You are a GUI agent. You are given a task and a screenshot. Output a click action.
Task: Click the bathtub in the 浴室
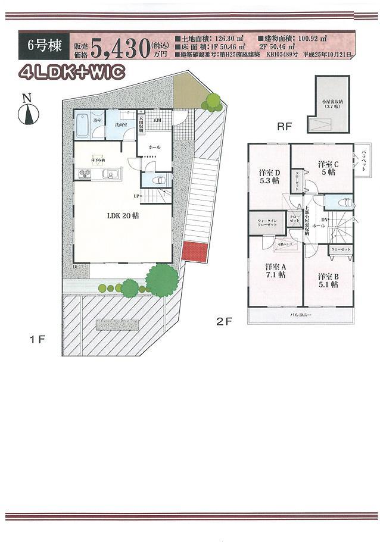tap(83, 126)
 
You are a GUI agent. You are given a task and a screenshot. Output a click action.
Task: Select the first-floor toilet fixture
tap(158, 179)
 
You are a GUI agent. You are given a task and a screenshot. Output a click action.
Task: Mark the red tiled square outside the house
tap(194, 252)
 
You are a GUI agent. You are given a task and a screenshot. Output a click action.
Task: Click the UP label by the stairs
tap(136, 196)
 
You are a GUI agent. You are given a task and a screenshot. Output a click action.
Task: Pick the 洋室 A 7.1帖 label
tap(275, 271)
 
